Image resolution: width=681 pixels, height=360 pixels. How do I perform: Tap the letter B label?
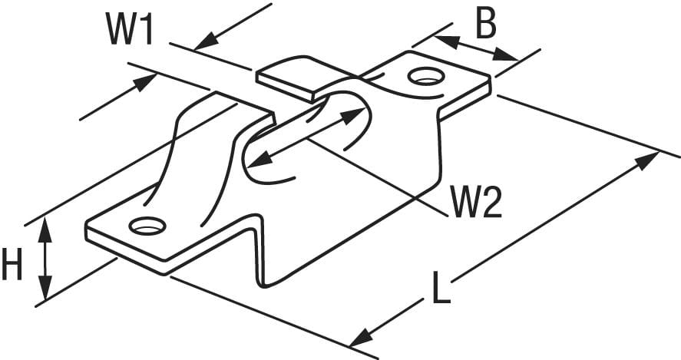click(486, 25)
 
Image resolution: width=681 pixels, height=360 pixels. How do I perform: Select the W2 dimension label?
click(476, 202)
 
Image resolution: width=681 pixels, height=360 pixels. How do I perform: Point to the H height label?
click(12, 263)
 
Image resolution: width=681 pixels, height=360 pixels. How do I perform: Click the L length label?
click(441, 287)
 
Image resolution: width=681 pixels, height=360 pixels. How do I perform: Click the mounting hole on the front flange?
click(147, 226)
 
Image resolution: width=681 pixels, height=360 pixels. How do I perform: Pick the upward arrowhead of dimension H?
click(45, 230)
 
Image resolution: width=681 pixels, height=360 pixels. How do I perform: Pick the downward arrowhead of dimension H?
click(45, 287)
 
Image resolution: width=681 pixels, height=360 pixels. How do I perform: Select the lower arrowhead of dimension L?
click(362, 337)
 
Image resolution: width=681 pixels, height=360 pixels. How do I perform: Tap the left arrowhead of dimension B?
click(447, 41)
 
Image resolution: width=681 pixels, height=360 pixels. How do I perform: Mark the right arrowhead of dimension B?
click(506, 54)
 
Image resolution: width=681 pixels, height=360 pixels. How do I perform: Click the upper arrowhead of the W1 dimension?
click(207, 41)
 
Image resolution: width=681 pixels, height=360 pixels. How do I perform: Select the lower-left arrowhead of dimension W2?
click(260, 160)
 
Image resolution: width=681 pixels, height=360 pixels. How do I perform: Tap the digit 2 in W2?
click(492, 202)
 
